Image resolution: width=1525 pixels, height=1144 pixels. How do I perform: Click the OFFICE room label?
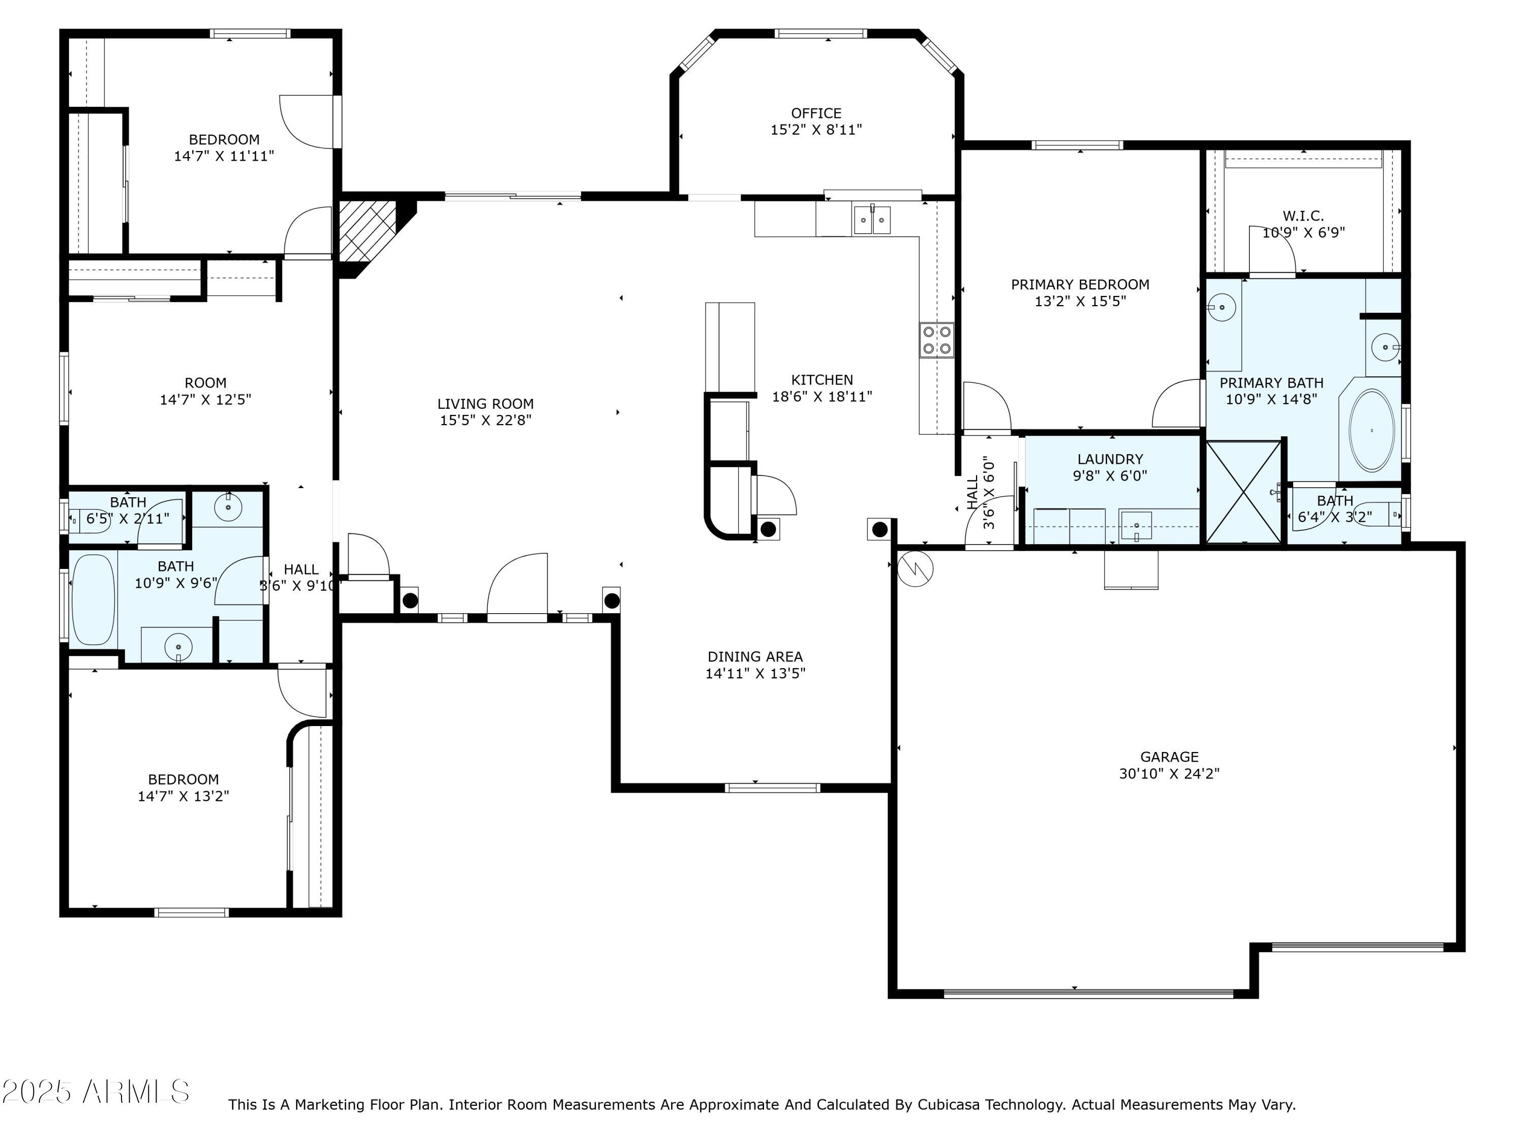coord(816,113)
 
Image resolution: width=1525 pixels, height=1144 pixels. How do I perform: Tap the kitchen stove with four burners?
coord(937,340)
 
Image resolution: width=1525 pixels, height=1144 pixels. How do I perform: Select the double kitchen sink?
coord(872,220)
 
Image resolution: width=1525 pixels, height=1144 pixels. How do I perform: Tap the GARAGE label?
coord(1169,757)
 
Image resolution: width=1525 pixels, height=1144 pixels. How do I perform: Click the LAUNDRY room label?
coord(1110,459)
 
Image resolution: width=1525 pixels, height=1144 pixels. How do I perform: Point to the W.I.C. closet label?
coord(1303,216)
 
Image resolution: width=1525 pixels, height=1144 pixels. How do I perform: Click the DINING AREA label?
coord(755,656)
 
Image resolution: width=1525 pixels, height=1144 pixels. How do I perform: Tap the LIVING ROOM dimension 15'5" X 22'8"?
coord(485,420)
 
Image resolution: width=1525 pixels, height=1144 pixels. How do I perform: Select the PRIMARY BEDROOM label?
coord(1080,284)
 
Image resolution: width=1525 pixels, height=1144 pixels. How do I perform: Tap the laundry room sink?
coord(1136,525)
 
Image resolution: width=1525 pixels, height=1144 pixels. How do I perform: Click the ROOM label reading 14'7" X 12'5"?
coord(205,383)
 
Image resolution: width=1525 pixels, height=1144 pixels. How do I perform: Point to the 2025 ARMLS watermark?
coord(96,1092)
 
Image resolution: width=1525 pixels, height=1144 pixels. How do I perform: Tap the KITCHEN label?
coord(822,379)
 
